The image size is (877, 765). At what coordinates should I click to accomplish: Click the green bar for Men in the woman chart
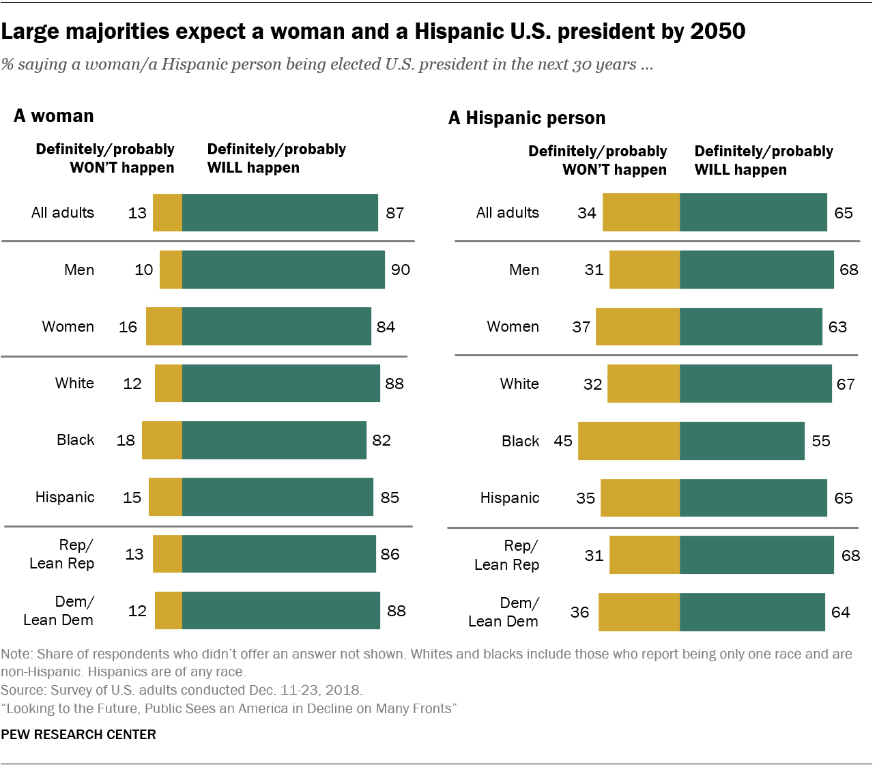pyautogui.click(x=283, y=270)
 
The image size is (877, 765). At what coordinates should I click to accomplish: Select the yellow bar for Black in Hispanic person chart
pyautogui.click(x=629, y=441)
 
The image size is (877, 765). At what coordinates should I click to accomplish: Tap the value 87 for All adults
pyautogui.click(x=394, y=213)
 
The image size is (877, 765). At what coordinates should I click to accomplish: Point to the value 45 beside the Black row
pyautogui.click(x=563, y=441)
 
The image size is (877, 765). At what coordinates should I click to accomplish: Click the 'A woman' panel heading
pyautogui.click(x=54, y=116)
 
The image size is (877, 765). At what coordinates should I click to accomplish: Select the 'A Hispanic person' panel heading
pyautogui.click(x=526, y=118)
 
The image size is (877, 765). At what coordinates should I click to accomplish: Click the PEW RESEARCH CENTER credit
pyautogui.click(x=78, y=734)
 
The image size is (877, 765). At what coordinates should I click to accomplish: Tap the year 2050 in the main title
pyautogui.click(x=717, y=31)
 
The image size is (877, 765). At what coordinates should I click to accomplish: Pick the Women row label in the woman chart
pyautogui.click(x=68, y=327)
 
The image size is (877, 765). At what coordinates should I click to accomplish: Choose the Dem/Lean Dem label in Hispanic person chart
pyautogui.click(x=504, y=612)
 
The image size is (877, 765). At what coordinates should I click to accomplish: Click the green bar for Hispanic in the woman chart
pyautogui.click(x=277, y=497)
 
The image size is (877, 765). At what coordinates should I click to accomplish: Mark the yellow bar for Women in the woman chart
pyautogui.click(x=164, y=326)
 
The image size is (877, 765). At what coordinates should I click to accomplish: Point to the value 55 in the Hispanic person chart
pyautogui.click(x=820, y=441)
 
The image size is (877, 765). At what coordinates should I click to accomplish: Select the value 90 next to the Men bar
pyautogui.click(x=401, y=270)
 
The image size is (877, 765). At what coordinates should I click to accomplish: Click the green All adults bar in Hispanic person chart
pyautogui.click(x=753, y=212)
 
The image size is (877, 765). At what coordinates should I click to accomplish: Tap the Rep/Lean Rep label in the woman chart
pyautogui.click(x=62, y=554)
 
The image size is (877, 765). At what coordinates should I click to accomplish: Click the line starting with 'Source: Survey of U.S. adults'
pyautogui.click(x=182, y=690)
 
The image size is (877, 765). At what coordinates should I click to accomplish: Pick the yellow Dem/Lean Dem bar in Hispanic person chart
pyautogui.click(x=639, y=612)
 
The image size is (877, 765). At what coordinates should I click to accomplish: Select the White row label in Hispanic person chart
pyautogui.click(x=519, y=384)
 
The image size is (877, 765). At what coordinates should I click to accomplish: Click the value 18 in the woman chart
pyautogui.click(x=126, y=440)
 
